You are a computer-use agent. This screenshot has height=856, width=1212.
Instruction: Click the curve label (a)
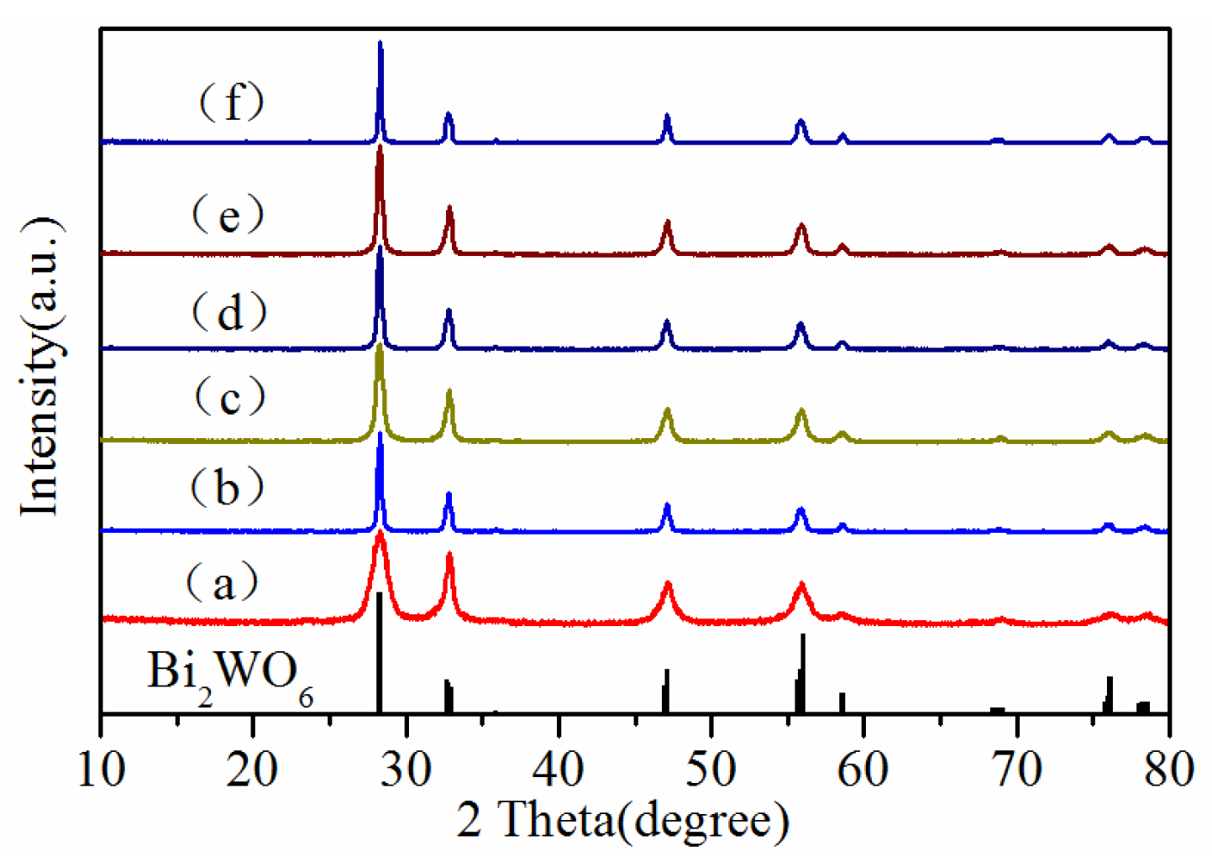(223, 582)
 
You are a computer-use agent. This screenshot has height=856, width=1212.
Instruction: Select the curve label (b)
(227, 488)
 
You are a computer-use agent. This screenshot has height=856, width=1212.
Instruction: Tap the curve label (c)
(229, 396)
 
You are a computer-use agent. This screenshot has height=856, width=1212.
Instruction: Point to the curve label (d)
(228, 312)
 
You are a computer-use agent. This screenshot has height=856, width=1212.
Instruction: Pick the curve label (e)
(228, 215)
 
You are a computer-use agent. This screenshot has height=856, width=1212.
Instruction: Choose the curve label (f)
(231, 102)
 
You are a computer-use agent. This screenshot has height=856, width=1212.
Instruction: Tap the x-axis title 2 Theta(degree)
(623, 819)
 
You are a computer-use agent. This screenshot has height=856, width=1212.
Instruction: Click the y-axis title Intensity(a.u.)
(42, 366)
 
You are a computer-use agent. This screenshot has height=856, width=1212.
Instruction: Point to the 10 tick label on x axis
(102, 767)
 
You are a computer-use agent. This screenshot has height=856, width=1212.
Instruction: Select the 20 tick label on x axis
(253, 767)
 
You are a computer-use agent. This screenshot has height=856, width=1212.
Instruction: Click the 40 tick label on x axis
(559, 767)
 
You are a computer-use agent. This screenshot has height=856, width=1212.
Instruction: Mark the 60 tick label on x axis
(863, 767)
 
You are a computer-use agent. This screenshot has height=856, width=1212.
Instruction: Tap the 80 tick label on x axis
(1168, 767)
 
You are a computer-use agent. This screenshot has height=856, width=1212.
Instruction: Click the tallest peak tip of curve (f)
(380, 44)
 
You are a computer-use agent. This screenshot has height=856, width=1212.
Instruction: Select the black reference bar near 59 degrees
(842, 702)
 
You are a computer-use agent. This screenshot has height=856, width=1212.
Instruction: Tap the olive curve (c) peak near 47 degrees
(668, 411)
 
